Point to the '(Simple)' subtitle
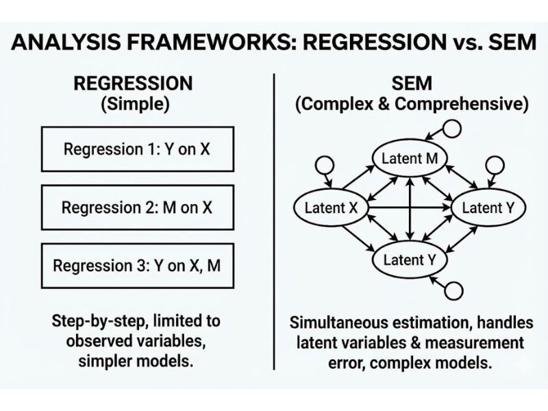click(133, 105)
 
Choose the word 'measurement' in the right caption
click(479, 342)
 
